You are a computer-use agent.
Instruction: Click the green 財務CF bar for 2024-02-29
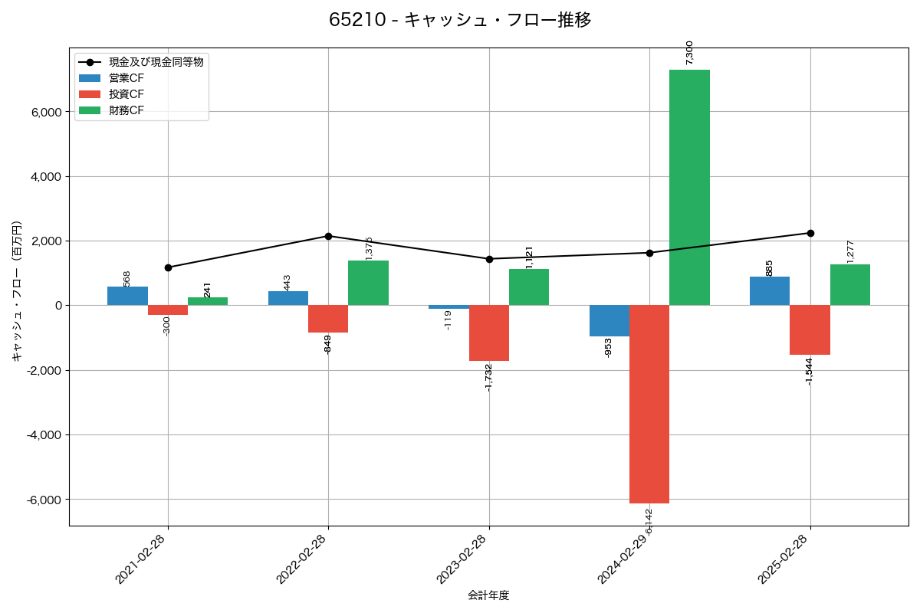coord(689,187)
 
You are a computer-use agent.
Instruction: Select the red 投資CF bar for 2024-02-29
coord(649,404)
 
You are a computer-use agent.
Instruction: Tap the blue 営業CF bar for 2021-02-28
coord(127,296)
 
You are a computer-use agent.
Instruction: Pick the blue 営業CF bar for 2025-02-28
coord(770,291)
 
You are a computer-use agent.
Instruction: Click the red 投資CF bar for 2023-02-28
coord(489,333)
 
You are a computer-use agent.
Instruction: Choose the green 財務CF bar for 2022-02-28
coord(368,283)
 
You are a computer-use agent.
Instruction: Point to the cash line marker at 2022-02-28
coord(328,236)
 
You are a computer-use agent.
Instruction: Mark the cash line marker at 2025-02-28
coord(810,233)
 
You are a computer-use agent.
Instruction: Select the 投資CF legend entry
coord(127,94)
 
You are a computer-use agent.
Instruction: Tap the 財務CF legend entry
coord(127,110)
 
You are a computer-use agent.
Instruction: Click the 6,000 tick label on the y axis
coord(45,112)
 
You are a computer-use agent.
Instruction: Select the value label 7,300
coord(689,52)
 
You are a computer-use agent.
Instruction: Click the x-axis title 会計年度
coord(488,595)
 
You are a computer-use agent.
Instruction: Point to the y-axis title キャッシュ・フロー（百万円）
coord(17,291)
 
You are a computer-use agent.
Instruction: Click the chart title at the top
coord(460,20)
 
